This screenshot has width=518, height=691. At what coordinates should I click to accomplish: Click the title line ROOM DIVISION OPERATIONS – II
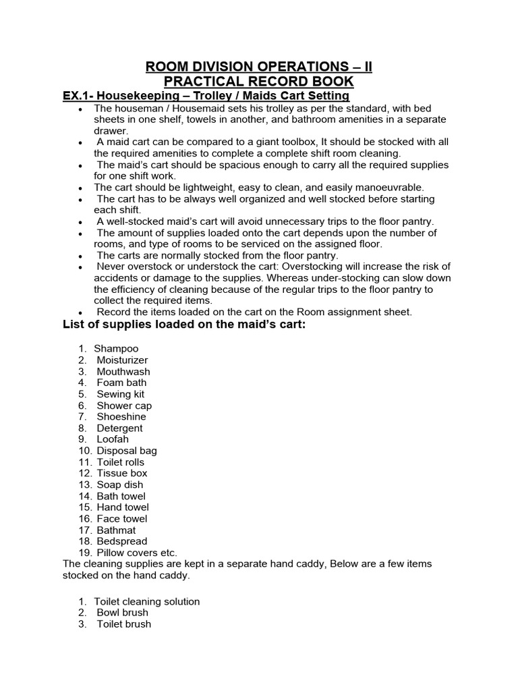[x=259, y=67]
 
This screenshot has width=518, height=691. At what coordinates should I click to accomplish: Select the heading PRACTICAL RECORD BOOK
[x=259, y=82]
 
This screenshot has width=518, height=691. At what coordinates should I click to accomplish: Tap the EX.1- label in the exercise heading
[x=80, y=96]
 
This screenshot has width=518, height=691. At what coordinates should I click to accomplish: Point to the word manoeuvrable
[x=388, y=188]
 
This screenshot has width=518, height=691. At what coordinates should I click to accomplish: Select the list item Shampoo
[x=116, y=349]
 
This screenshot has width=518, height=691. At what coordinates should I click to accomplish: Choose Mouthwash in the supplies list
[x=123, y=372]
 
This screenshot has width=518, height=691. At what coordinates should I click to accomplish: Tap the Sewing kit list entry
[x=121, y=394]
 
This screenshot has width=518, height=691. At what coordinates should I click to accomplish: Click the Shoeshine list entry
[x=121, y=417]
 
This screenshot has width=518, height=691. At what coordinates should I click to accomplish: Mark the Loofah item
[x=113, y=439]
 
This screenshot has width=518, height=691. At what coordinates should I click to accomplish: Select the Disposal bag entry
[x=127, y=451]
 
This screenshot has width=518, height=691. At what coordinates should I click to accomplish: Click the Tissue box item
[x=122, y=473]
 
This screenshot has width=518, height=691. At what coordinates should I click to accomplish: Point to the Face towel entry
[x=122, y=518]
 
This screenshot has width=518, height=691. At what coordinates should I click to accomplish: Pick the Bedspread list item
[x=122, y=541]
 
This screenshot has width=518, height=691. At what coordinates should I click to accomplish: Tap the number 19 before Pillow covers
[x=84, y=553]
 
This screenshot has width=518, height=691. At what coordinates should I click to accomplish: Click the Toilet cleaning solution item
[x=147, y=601]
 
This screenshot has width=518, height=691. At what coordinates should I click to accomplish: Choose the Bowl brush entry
[x=122, y=613]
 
